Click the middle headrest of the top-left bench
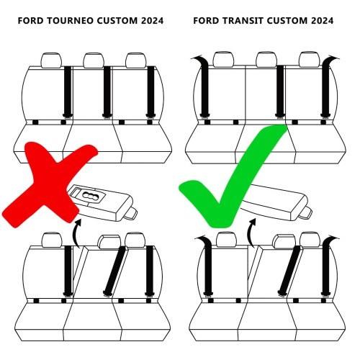coord(93,60)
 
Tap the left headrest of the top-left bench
coord(51,60)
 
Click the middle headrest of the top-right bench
coord(267,60)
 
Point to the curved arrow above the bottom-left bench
coord(76,232)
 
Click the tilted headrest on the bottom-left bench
coord(109,243)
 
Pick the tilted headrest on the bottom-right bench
coord(285,243)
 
